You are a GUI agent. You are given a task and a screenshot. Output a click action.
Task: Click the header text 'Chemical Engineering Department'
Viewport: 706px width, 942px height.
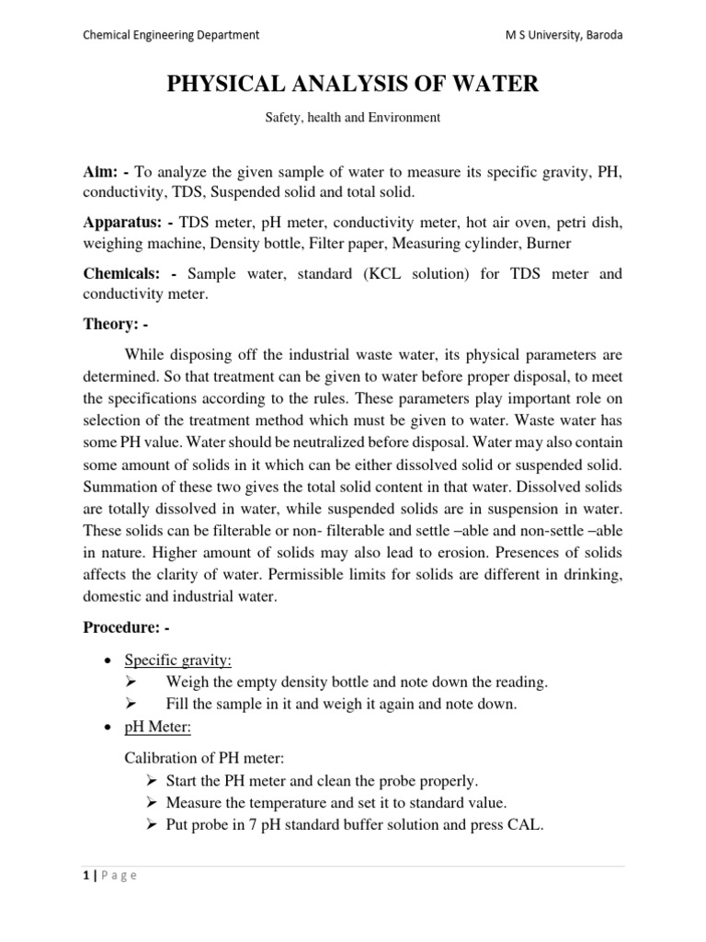click(170, 35)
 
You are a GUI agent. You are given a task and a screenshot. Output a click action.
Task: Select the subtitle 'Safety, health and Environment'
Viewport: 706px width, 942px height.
click(353, 118)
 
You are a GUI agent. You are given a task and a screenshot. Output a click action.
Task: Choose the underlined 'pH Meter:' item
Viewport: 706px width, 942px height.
click(154, 727)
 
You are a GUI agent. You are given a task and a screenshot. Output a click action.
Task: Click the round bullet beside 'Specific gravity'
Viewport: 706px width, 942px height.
click(109, 661)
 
